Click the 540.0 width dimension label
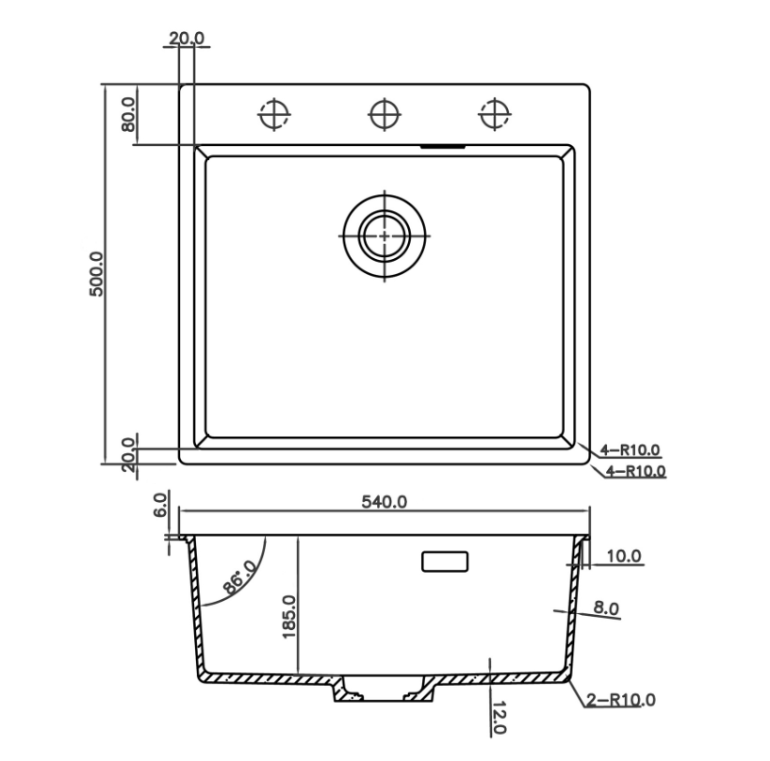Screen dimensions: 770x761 384,502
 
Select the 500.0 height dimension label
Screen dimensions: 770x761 96,274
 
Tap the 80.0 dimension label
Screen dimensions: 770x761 128,114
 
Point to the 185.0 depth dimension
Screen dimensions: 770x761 289,616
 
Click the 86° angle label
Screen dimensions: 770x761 238,576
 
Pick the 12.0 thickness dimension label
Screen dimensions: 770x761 499,718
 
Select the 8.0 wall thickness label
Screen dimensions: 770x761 606,607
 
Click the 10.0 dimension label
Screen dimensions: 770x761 624,556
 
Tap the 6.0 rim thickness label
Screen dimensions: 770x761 160,505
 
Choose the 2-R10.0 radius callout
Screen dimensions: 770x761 621,700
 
